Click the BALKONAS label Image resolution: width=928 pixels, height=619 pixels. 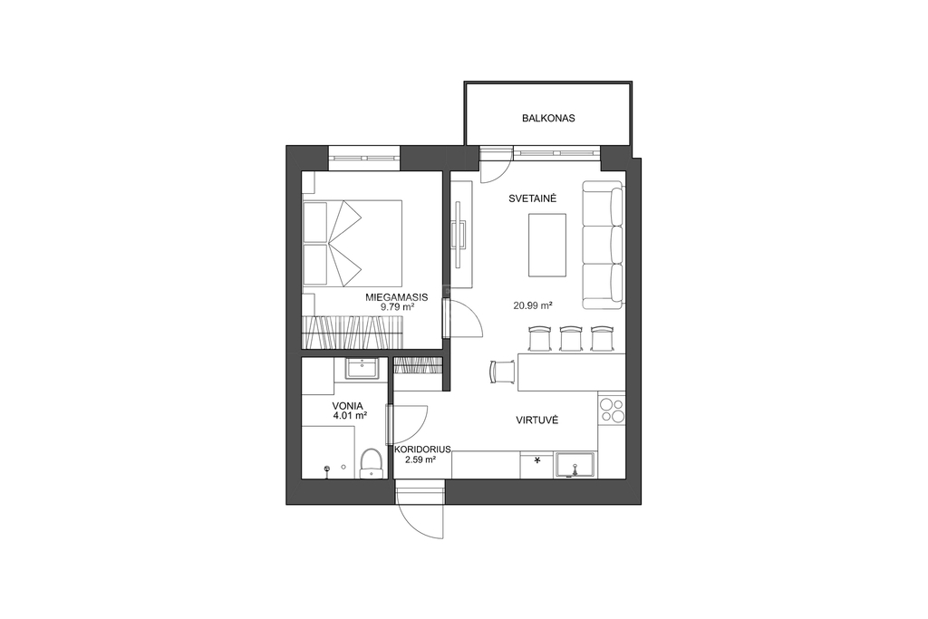548,119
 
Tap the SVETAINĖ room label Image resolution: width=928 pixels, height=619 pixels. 532,198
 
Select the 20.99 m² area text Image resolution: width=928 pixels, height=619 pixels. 533,306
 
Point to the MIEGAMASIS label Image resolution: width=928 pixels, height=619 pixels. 396,297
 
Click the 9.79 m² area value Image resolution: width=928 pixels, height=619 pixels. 397,307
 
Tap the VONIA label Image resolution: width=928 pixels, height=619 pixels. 347,406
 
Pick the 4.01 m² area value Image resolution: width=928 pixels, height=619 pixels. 350,415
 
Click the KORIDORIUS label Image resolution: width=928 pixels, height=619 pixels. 422,450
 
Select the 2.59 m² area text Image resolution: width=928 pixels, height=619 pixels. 420,459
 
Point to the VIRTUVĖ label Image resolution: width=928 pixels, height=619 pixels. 536,421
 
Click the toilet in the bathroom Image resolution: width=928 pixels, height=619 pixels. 371,463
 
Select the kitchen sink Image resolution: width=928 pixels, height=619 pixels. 575,465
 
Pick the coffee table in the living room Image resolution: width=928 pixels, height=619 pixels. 546,245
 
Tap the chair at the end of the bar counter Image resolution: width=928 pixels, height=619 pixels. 502,372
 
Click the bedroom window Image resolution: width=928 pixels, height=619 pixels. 364,159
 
